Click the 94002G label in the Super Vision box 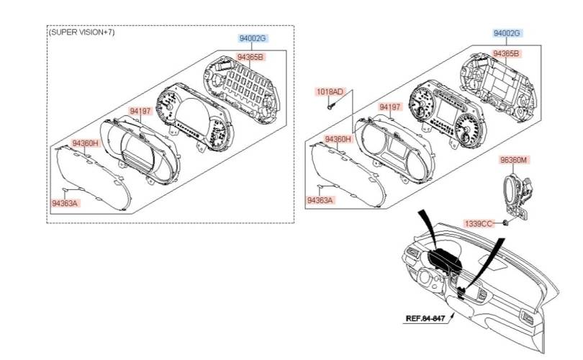[x=253, y=38]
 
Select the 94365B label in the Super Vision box [x=250, y=57]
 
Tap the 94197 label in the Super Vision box [x=140, y=111]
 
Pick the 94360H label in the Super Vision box [x=86, y=143]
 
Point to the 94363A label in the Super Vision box [x=65, y=203]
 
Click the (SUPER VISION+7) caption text [x=82, y=32]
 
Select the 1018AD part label [x=330, y=91]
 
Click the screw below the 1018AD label [x=330, y=107]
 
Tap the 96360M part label [x=513, y=160]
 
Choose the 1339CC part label [x=479, y=223]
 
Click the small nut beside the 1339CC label [x=506, y=223]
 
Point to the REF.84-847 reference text [x=425, y=318]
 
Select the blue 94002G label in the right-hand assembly [x=507, y=33]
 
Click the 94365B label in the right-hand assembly [x=506, y=53]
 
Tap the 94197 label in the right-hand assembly [x=390, y=107]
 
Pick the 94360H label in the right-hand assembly [x=338, y=139]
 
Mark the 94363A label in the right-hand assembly [x=320, y=200]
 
